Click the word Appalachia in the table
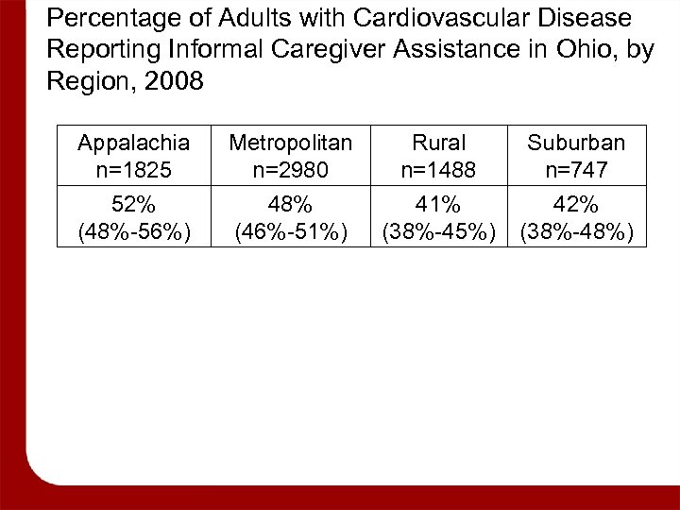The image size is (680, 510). point(133,143)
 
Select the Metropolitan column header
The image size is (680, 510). point(291,143)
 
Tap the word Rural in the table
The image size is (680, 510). point(440,143)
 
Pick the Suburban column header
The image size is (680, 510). point(576,143)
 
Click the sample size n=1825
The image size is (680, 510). point(133,170)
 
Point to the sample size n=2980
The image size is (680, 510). point(291,170)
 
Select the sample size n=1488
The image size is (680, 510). point(440,170)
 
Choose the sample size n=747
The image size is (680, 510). point(576,170)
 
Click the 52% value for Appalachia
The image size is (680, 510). point(133,204)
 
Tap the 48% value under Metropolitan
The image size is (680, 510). point(291,204)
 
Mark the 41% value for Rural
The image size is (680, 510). point(440,204)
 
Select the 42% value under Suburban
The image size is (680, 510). point(576,204)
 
